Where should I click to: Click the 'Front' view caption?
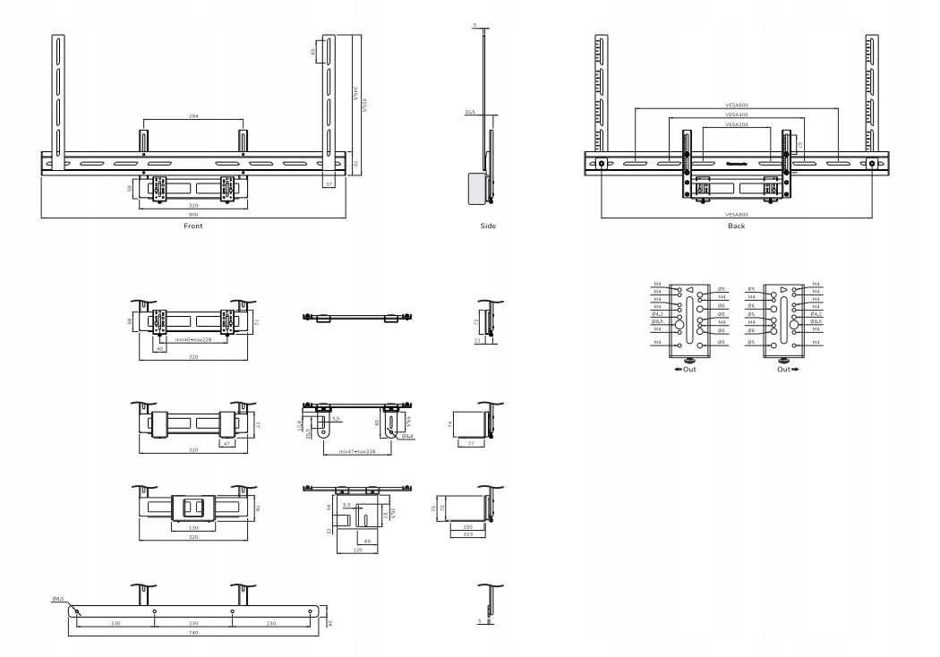193,226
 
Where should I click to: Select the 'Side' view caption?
488,226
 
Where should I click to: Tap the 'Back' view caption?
736,226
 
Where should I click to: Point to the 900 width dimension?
193,216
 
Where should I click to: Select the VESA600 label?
737,107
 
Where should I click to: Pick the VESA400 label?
737,115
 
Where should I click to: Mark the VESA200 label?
737,125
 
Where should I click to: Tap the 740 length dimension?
193,633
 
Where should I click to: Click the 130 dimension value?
193,527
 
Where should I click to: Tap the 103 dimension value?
467,533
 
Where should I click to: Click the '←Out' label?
687,369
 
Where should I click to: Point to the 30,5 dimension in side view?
469,113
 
